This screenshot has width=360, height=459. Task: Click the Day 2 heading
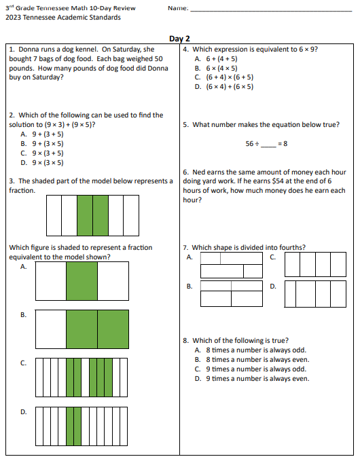pyautogui.click(x=179, y=39)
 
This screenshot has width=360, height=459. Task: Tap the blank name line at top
pyautogui.click(x=271, y=11)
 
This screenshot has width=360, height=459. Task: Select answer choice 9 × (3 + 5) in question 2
pyautogui.click(x=48, y=153)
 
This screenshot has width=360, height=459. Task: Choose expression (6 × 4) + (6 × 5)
pyautogui.click(x=230, y=87)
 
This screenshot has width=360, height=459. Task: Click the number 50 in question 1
pyautogui.click(x=158, y=59)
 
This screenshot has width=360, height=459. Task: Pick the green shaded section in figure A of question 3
pyautogui.click(x=82, y=281)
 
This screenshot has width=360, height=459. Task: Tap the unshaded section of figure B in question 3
pyautogui.click(x=51, y=329)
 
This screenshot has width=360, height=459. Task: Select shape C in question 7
pyautogui.click(x=315, y=265)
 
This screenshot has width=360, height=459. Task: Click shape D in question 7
pyautogui.click(x=315, y=294)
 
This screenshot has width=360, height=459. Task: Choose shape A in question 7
pyautogui.click(x=232, y=265)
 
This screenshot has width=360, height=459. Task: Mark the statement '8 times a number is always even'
pyautogui.click(x=257, y=360)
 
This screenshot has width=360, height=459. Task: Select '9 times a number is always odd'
pyautogui.click(x=256, y=369)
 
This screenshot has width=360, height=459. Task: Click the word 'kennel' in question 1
pyautogui.click(x=86, y=49)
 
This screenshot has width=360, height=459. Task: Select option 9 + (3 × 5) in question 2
pyautogui.click(x=48, y=144)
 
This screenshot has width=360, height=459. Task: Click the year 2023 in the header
pyautogui.click(x=13, y=18)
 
